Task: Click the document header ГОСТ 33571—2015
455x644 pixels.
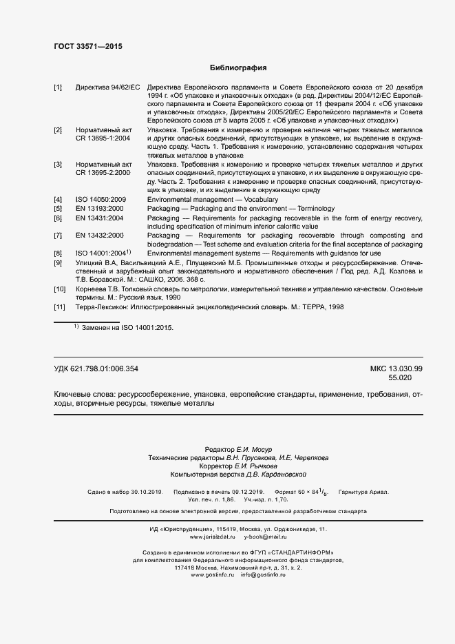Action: [x=88, y=47]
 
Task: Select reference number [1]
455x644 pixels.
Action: [x=58, y=87]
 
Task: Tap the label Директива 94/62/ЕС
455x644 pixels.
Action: [x=107, y=87]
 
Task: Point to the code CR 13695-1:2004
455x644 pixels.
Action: [x=104, y=138]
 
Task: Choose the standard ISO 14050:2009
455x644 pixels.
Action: [x=100, y=199]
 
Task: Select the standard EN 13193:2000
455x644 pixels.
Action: [x=100, y=209]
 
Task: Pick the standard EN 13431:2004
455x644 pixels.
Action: [x=100, y=218]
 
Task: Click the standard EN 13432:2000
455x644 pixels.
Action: [x=100, y=236]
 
